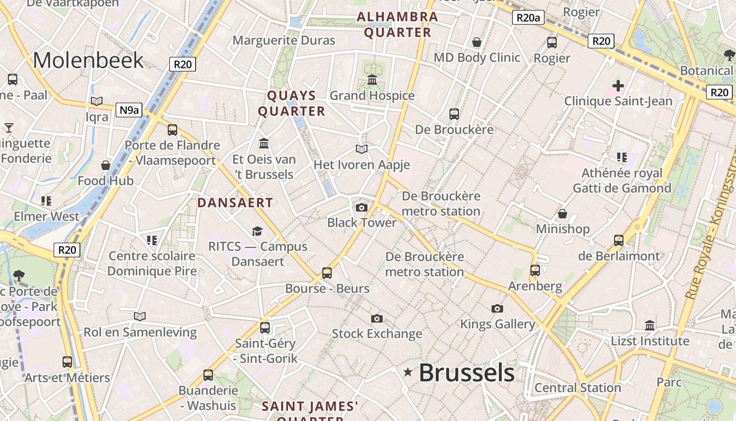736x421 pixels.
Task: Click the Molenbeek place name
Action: tap(88, 61)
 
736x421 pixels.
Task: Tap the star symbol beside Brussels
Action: tap(407, 373)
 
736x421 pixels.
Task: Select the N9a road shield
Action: tap(129, 110)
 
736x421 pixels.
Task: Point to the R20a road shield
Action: tap(528, 17)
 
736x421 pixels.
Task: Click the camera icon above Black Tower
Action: tap(361, 207)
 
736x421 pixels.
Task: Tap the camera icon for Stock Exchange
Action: tap(376, 318)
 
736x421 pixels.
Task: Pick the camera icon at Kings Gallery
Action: tap(497, 308)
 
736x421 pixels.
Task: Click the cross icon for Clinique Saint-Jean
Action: tap(618, 85)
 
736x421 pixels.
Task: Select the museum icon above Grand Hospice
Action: tap(372, 80)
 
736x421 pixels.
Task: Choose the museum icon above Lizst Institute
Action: tap(650, 325)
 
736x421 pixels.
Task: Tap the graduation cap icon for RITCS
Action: tap(257, 231)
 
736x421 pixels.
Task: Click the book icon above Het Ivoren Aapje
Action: tap(361, 149)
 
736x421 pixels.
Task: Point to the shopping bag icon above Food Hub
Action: tap(106, 165)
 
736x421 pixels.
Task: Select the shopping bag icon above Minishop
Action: tap(562, 214)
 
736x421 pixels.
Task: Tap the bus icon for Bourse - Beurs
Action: tap(327, 273)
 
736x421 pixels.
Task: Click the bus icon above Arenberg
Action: tap(535, 270)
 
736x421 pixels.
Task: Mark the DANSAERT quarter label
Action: tap(235, 203)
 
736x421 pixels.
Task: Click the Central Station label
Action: tap(578, 388)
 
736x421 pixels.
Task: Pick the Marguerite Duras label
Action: tap(283, 41)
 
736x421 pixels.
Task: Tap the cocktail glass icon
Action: tap(9, 127)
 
